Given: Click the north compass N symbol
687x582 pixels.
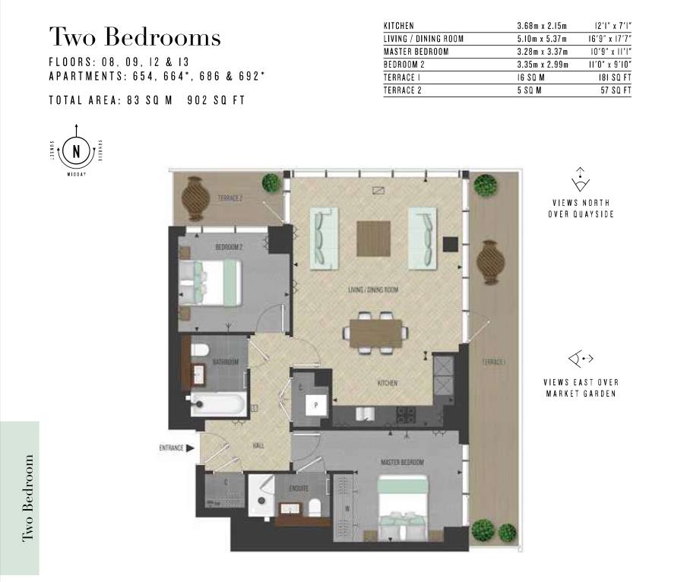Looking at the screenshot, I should (x=76, y=150).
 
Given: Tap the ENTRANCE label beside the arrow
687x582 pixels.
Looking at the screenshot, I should (x=172, y=448).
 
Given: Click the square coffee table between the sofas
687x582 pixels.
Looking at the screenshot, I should (x=373, y=238).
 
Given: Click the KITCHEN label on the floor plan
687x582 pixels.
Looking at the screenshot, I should (x=388, y=384).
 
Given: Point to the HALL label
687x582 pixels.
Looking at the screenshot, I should (x=258, y=445).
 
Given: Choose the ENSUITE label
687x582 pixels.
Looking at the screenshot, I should (x=299, y=488).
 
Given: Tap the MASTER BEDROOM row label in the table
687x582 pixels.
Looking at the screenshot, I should (x=416, y=52).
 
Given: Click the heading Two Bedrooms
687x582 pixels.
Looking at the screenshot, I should (x=135, y=36).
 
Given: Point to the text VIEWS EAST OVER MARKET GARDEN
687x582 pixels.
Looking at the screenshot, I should (x=581, y=387).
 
